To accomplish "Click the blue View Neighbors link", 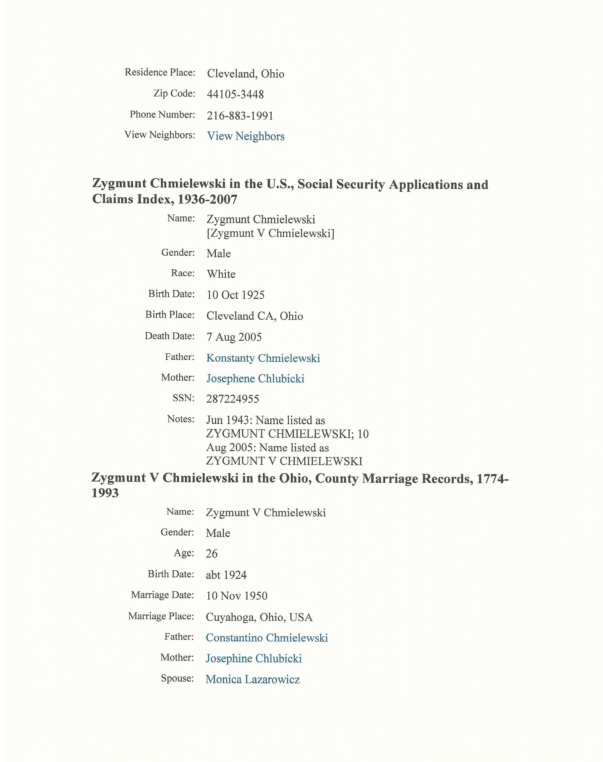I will (246, 136).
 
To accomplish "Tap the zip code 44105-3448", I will (235, 95).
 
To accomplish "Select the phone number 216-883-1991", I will (240, 116).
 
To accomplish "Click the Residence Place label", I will (160, 72).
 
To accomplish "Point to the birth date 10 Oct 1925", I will (235, 295).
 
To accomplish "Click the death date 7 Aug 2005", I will (234, 337).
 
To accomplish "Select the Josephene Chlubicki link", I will (255, 379).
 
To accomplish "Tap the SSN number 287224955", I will (233, 399).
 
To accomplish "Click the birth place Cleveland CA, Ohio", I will (255, 316).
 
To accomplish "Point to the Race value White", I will (221, 274).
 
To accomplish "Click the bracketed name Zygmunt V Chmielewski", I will (270, 233).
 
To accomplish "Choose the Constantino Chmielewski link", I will (267, 638).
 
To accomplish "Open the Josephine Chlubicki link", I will (254, 659).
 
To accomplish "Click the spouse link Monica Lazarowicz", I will (253, 679).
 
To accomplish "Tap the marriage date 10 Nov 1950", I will (237, 596).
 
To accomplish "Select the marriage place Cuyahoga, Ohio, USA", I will (259, 617).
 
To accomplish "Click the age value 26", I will (212, 554).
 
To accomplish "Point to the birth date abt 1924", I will (226, 575).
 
